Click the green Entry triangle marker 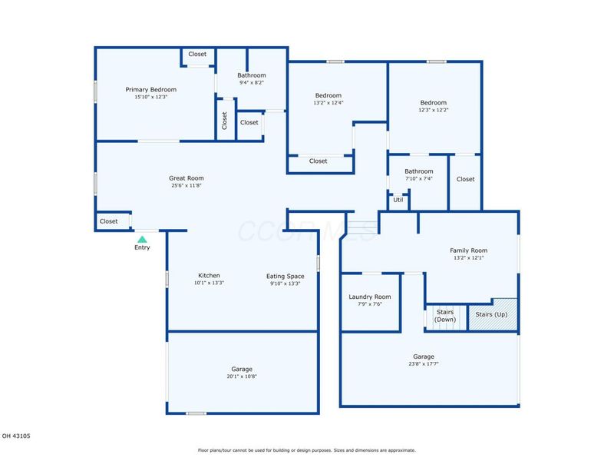pos(142,239)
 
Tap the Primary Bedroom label pos(150,89)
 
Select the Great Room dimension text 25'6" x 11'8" pos(187,185)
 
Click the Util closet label pos(398,200)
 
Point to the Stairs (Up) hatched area pos(493,315)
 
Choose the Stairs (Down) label pos(445,316)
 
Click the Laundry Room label pos(370,297)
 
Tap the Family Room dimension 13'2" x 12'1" pos(469,257)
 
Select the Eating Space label pos(285,276)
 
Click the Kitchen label pos(209,275)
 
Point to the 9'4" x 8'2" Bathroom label pos(252,75)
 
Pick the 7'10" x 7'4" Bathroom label pos(419,171)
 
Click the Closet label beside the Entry pos(108,221)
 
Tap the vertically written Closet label pos(224,121)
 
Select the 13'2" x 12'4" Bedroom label pos(328,95)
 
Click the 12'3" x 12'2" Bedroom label pos(433,103)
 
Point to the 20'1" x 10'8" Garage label pos(242,369)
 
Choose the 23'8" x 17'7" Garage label pos(424,357)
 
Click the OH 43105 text pos(16,436)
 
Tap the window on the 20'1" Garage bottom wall pos(196,413)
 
